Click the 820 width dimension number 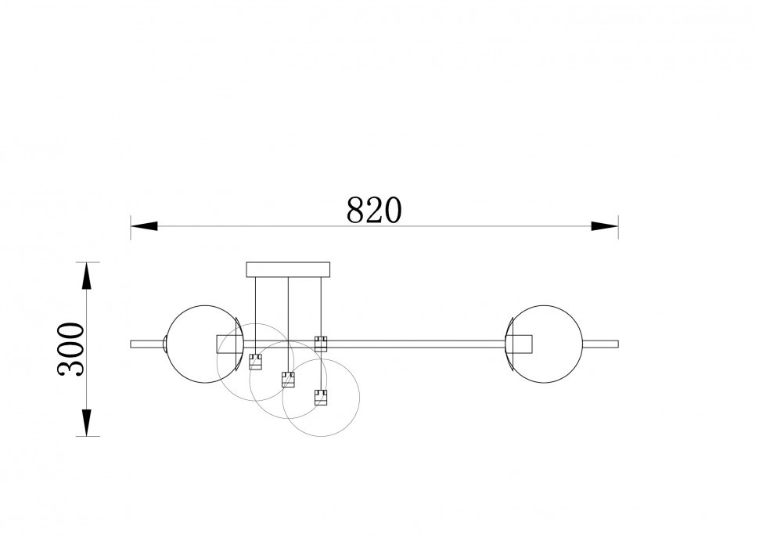[x=374, y=210]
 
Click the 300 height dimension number [x=70, y=349]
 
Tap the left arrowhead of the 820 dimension [x=144, y=226]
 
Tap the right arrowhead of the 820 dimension [x=605, y=226]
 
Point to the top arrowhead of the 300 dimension [x=86, y=276]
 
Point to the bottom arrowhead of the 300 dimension [x=86, y=423]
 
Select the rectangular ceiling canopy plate [x=288, y=270]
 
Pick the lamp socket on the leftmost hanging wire [x=256, y=362]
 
